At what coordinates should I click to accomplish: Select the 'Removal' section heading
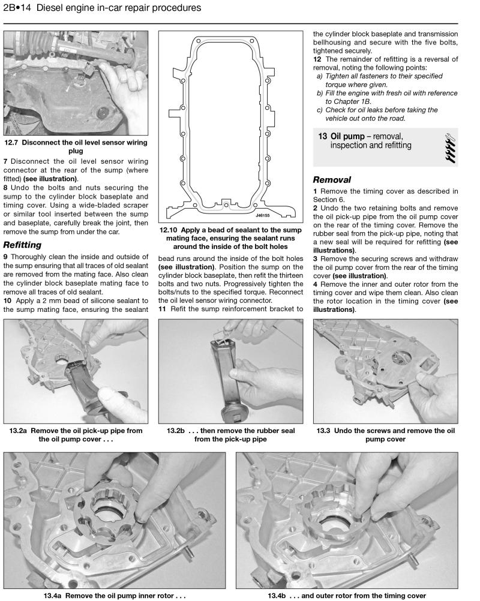332,179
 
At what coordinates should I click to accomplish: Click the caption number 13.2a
21,431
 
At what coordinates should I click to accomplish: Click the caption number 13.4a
54,596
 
